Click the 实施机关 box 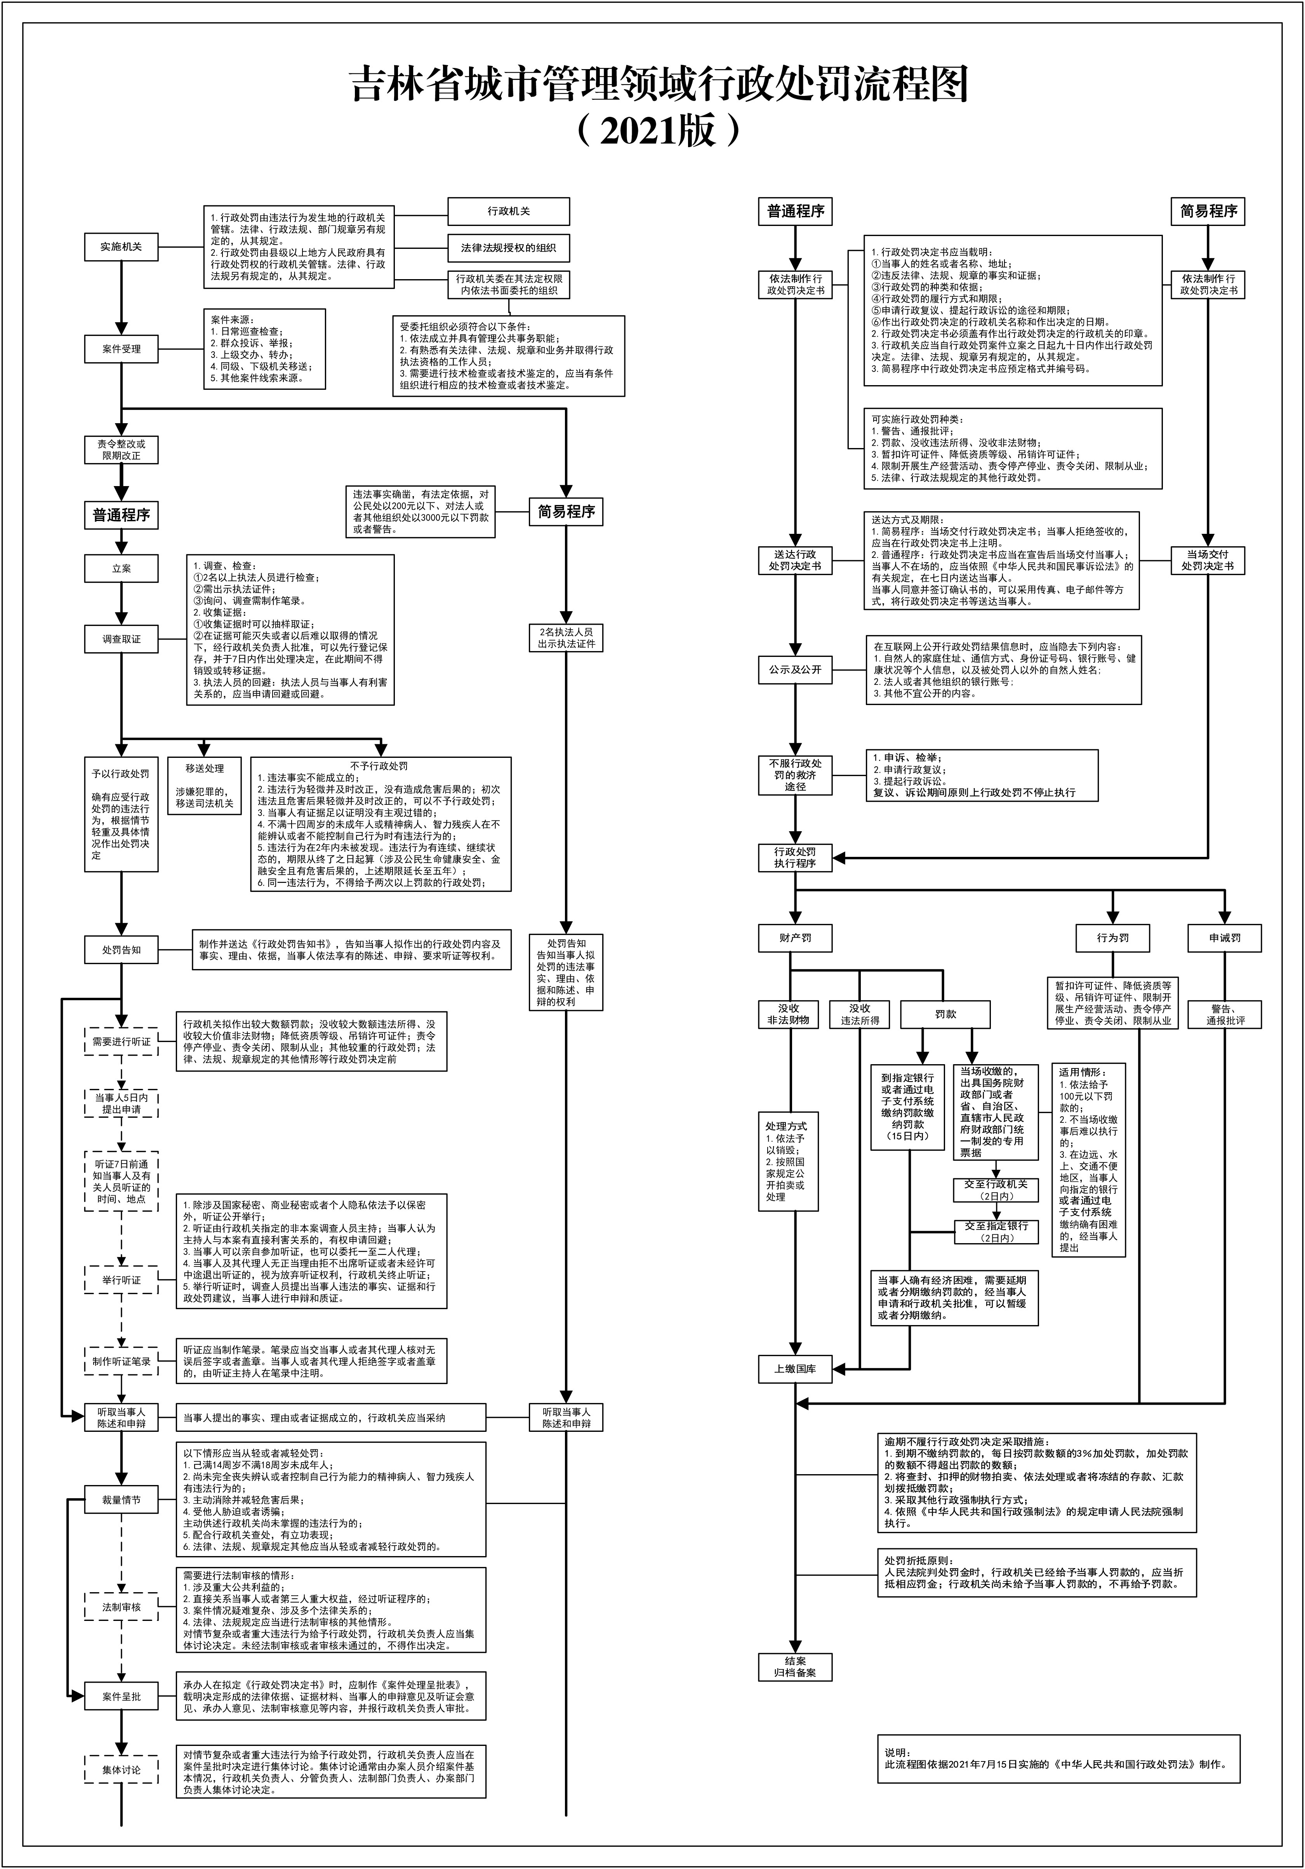[x=121, y=247]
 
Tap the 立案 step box [x=121, y=568]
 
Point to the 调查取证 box [x=121, y=639]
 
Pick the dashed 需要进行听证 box [x=121, y=1041]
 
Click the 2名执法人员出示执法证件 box [x=566, y=637]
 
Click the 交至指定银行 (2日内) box [x=996, y=1232]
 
